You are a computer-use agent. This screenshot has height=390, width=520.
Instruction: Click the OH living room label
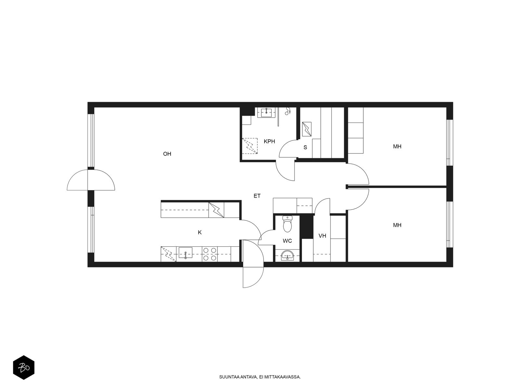coord(167,154)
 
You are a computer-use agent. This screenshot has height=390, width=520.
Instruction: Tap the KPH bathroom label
coord(269,141)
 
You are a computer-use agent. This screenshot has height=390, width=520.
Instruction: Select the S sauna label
coord(305,147)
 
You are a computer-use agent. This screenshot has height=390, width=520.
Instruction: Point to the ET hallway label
coord(257,196)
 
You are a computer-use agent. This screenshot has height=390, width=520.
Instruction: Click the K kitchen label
coord(200,232)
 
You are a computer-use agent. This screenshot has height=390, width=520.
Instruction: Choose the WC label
coord(287,241)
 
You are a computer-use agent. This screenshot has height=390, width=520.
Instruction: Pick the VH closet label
coord(322,236)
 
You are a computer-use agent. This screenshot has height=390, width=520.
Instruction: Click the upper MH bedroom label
coord(397,147)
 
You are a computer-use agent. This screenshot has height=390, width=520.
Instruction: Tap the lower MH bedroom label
coord(397,225)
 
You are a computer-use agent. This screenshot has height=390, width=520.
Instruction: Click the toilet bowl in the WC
coord(287,224)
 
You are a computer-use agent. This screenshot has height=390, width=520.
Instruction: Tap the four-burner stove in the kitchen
coord(210,254)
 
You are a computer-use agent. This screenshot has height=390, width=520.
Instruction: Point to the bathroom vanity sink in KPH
coord(267,112)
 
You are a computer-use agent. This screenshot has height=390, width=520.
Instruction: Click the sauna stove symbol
coord(307,129)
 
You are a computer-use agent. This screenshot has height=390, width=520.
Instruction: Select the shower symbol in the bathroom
coord(288,111)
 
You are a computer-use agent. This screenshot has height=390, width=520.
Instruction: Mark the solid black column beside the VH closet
coord(306,227)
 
